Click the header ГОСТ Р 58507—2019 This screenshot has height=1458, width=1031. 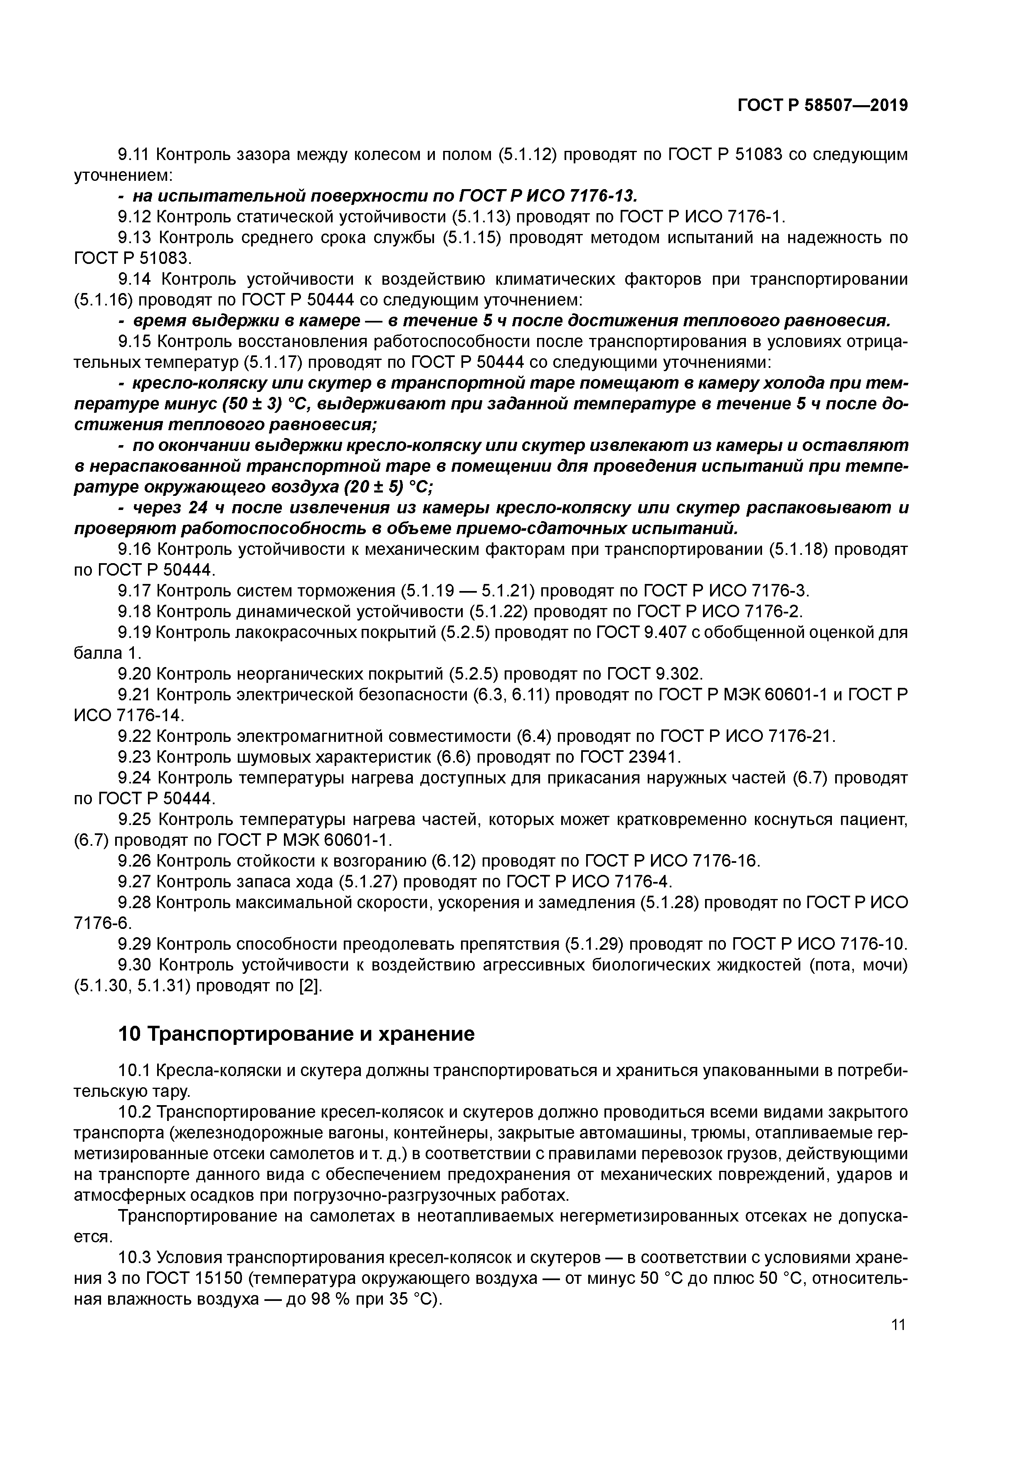point(822,106)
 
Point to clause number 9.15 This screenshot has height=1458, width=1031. point(135,342)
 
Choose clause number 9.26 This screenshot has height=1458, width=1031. point(135,860)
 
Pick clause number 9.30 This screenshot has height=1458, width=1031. point(135,965)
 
